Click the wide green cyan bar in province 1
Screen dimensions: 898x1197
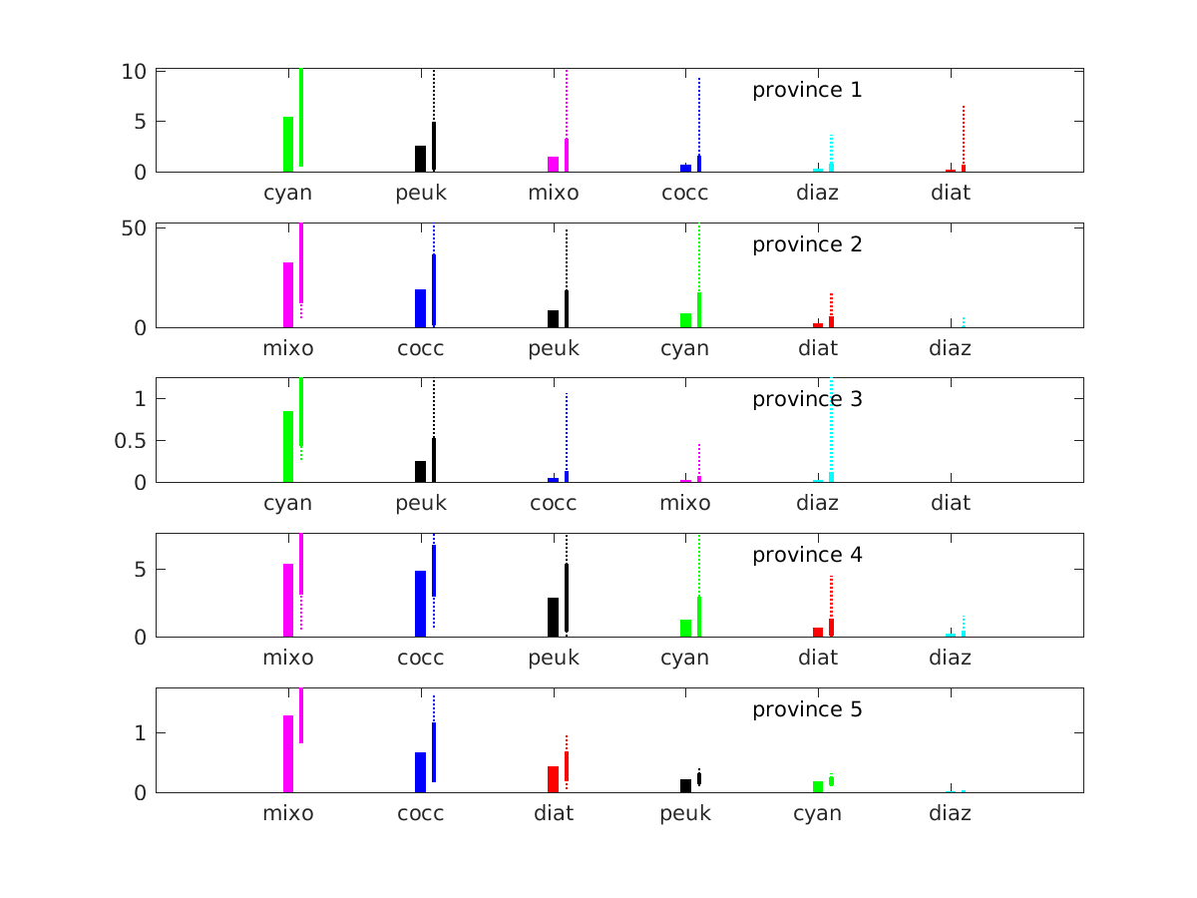coord(287,145)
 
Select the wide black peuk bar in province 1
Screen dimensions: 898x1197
coord(420,159)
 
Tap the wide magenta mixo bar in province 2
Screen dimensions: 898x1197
coord(287,294)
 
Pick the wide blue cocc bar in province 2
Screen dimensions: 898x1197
coord(420,308)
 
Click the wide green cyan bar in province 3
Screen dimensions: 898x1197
coord(287,447)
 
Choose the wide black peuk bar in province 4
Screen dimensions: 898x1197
coord(553,618)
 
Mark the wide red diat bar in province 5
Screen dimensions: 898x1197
coord(553,779)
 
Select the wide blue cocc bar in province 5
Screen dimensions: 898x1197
coord(420,772)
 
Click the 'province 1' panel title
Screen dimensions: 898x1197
coord(807,90)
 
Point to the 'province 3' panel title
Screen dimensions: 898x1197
coord(807,399)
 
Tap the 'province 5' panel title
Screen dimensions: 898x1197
coord(807,709)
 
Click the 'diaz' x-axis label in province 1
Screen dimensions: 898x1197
coord(818,193)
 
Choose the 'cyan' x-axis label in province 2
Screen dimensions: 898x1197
coord(685,348)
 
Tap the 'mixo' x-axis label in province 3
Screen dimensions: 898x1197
coord(685,503)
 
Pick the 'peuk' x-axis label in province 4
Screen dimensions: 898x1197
coord(553,658)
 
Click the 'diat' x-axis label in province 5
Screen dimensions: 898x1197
coord(553,813)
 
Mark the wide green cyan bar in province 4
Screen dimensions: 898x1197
coord(685,629)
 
